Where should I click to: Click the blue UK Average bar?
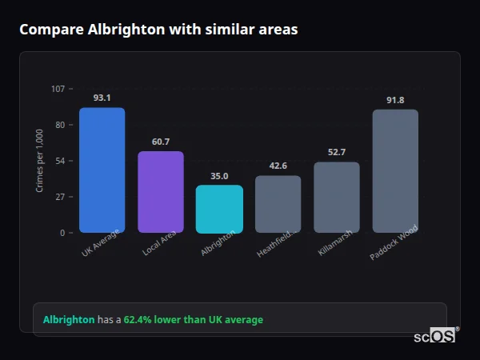102,170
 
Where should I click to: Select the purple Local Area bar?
161,192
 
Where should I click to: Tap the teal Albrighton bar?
219,209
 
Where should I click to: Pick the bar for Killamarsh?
337,197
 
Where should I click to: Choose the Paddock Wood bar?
395,170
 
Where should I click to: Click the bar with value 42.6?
278,204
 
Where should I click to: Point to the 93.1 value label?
102,98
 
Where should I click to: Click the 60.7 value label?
161,142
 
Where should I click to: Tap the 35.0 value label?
219,176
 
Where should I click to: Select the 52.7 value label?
337,152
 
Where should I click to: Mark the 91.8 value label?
395,100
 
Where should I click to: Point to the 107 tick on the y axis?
58,89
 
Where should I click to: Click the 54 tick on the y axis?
60,161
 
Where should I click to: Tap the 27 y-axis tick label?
60,197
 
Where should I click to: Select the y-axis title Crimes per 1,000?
40,161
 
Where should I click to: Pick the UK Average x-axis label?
102,243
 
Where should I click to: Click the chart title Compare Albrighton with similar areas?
158,30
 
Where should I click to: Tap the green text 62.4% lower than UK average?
193,320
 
